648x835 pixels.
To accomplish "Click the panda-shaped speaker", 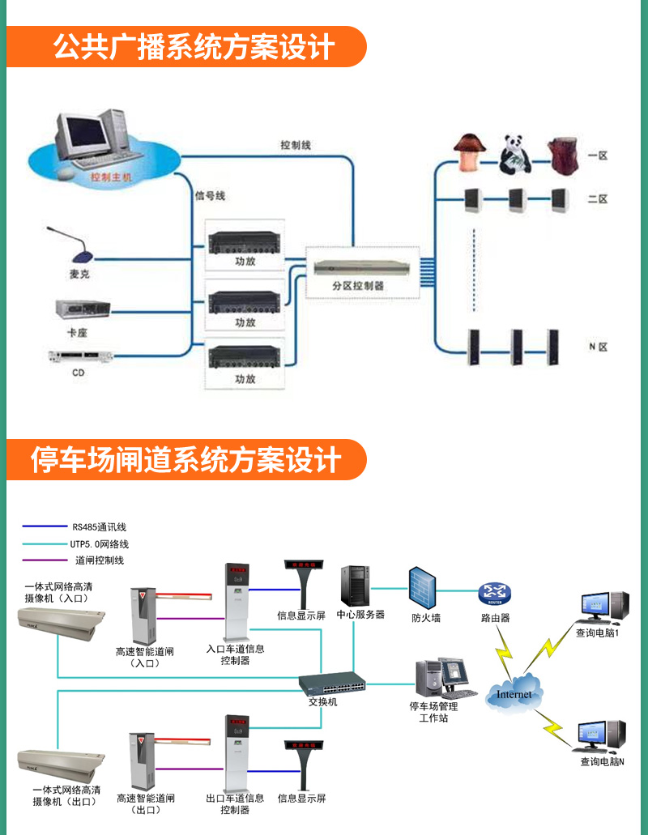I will point(514,154).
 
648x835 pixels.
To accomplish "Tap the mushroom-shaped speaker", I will point(468,152).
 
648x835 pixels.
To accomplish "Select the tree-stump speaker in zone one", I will point(564,155).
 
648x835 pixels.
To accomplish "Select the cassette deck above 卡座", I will point(82,309).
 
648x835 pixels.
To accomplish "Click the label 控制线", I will point(296,145).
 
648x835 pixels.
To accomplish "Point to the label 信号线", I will point(210,195).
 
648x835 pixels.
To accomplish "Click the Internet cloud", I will point(514,693).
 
